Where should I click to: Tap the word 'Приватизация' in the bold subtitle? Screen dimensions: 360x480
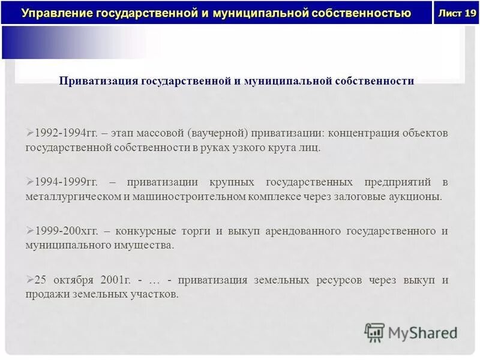coord(98,81)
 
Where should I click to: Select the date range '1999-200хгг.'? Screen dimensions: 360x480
coord(65,231)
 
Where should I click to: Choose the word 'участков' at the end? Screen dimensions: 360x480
coord(157,295)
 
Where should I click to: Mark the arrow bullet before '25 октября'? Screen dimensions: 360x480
coord(31,280)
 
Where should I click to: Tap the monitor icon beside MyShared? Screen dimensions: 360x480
coord(374,332)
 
